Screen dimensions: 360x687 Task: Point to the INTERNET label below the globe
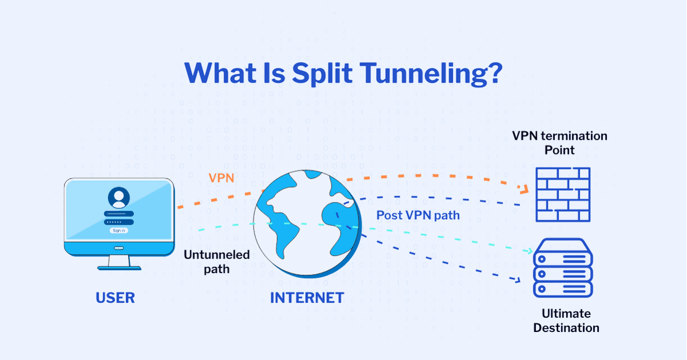point(307,298)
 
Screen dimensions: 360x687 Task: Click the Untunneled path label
point(216,261)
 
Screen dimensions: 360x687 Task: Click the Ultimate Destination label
point(566,321)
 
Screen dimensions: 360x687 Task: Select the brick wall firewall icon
point(562,195)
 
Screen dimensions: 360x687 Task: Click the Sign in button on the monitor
point(119,231)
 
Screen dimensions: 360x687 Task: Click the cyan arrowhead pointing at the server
point(530,251)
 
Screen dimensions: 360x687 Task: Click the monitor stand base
point(119,267)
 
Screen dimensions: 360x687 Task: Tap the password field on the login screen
point(119,221)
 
